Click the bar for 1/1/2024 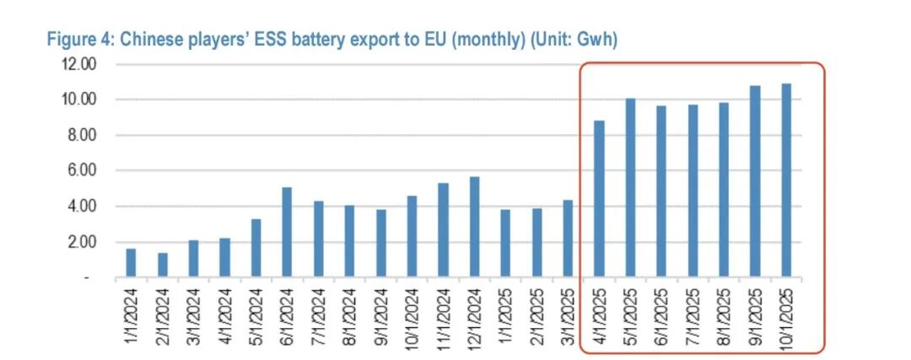[131, 263]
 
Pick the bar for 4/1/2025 [599, 199]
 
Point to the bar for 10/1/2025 [786, 180]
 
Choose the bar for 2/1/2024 [162, 265]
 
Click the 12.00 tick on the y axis [82, 64]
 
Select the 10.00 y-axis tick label [82, 99]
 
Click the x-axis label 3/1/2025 [568, 315]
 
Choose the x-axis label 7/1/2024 [318, 315]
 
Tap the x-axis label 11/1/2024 [443, 315]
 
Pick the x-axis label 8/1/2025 [724, 315]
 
